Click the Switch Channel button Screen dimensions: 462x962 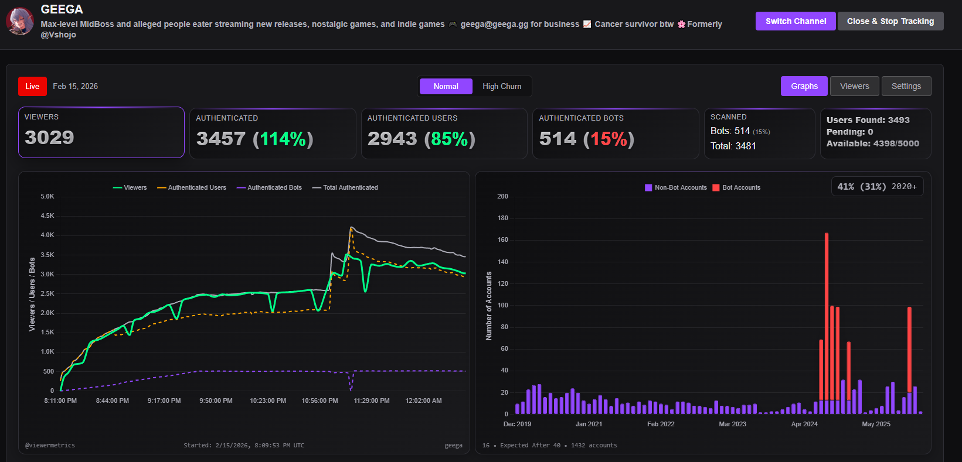(x=796, y=21)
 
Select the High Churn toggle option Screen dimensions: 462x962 (x=502, y=86)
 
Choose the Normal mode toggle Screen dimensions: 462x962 (x=446, y=86)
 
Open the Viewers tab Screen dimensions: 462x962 (x=854, y=86)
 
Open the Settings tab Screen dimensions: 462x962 (x=906, y=86)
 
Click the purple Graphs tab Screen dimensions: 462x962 (x=804, y=86)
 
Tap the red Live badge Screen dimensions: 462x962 (x=32, y=86)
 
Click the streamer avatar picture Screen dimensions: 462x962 (x=20, y=21)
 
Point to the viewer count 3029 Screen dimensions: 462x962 (x=49, y=138)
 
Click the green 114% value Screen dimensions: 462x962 (x=283, y=139)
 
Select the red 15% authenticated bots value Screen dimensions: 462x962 (x=609, y=139)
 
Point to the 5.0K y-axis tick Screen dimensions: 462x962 (x=47, y=196)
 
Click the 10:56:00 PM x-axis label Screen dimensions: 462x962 (x=319, y=401)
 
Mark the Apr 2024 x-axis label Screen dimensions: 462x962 (x=804, y=424)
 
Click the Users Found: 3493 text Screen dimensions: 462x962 (x=868, y=120)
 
